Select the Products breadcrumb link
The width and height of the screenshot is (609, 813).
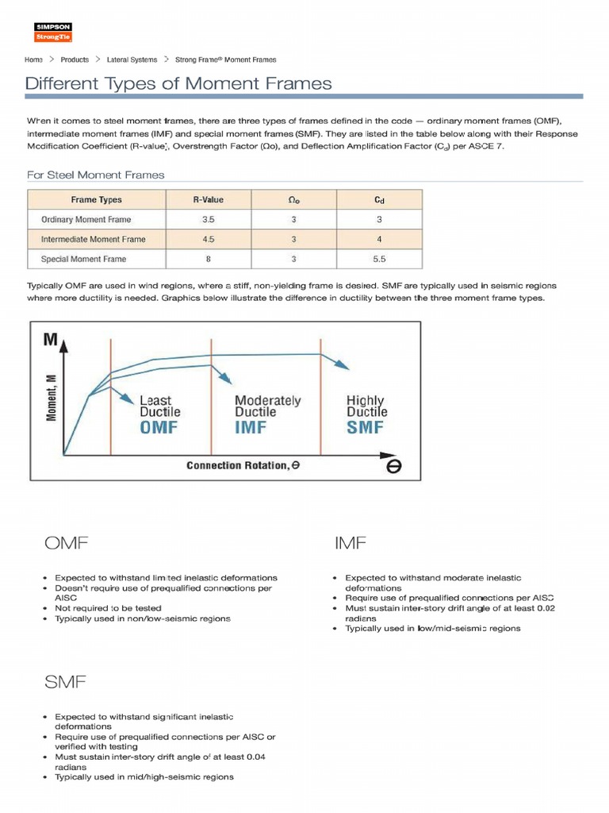coord(75,60)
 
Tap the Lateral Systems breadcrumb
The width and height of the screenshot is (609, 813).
coord(128,60)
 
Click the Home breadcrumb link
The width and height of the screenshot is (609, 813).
coord(33,60)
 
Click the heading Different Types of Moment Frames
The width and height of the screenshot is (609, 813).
coord(178,83)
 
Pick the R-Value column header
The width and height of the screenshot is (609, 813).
coord(208,200)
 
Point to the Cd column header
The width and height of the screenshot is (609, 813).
coord(379,200)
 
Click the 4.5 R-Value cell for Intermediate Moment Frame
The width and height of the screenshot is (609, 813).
coord(208,239)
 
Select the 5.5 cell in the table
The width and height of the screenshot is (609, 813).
coord(379,259)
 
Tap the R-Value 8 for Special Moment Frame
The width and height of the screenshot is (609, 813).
coord(208,259)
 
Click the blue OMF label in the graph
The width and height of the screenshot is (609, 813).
coord(159,427)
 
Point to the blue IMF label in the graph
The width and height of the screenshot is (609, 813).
coord(251,427)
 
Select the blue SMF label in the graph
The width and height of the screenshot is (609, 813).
coord(365,427)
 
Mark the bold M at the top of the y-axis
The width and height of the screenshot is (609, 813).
coord(50,341)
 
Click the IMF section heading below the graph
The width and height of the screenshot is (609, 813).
coord(350,544)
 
